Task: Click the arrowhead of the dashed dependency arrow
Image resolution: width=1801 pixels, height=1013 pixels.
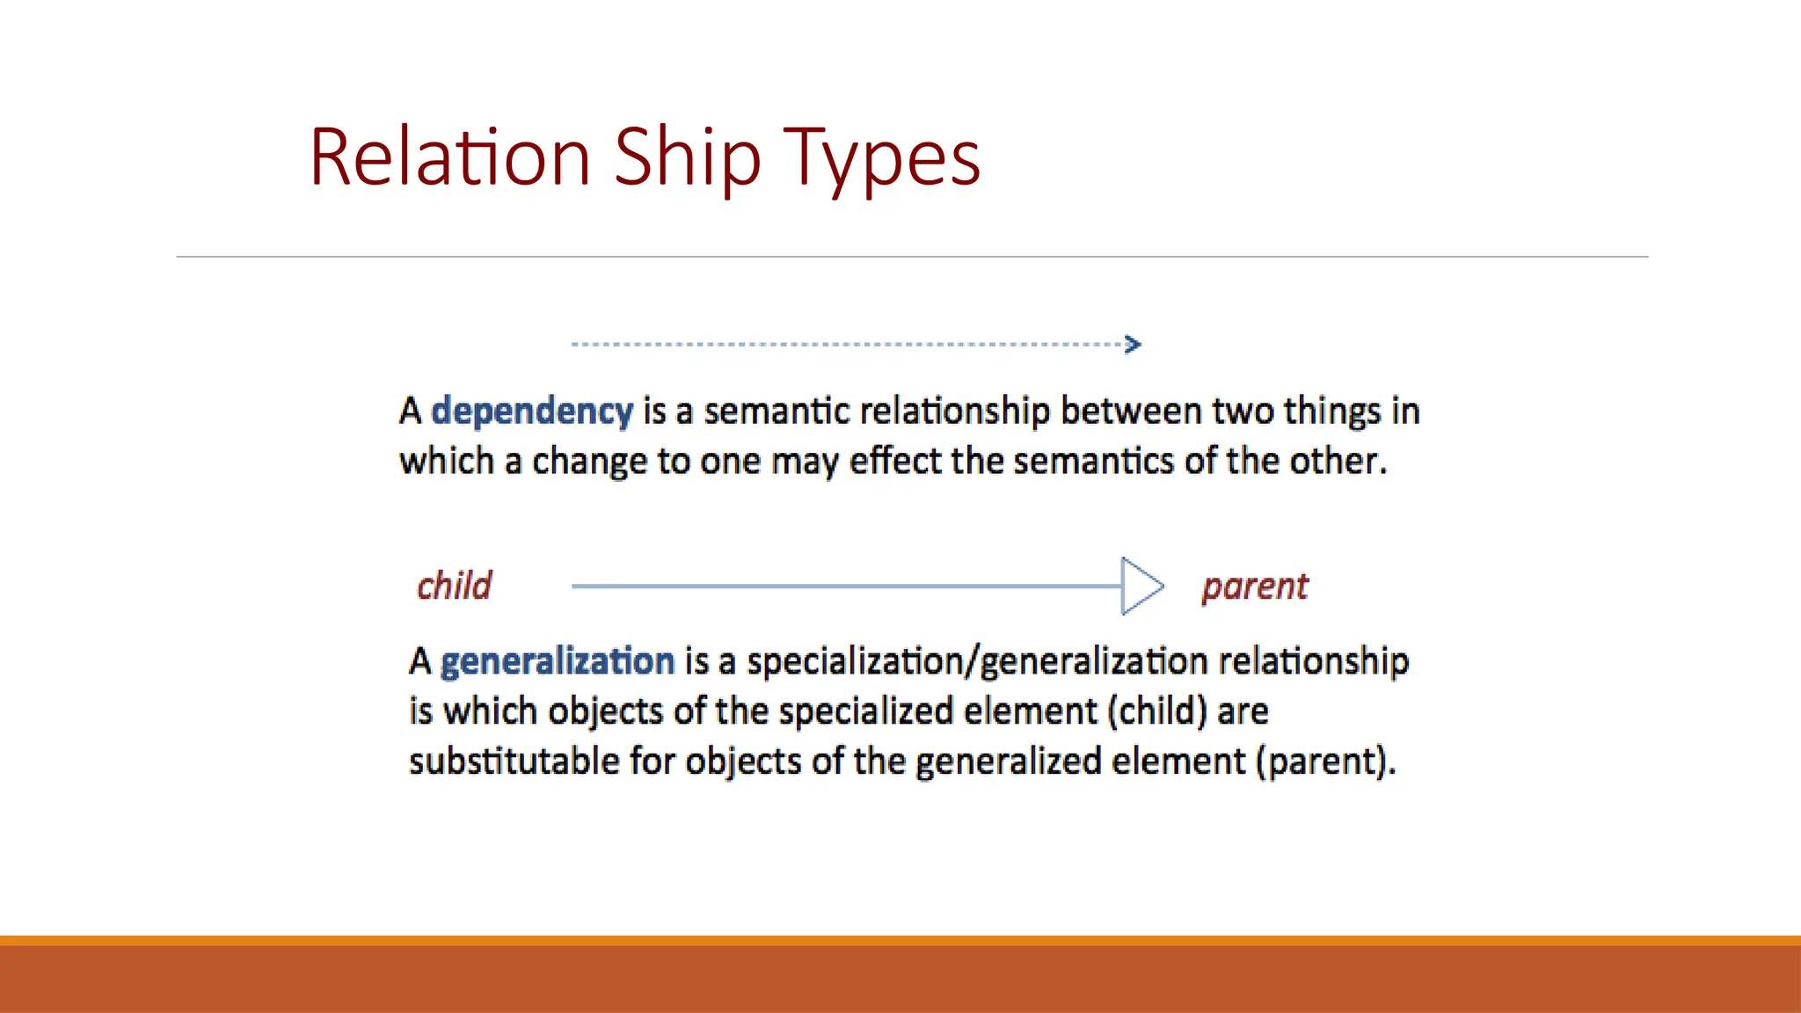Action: click(1133, 344)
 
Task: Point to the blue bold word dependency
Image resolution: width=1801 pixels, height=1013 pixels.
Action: click(532, 411)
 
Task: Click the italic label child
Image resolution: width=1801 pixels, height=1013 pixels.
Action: click(454, 586)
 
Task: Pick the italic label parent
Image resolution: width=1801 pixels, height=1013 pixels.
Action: click(1255, 587)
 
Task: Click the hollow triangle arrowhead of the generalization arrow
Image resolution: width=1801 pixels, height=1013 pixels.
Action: click(1141, 586)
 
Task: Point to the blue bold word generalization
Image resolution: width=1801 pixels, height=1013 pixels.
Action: click(558, 660)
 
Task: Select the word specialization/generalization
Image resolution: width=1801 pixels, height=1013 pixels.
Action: click(977, 661)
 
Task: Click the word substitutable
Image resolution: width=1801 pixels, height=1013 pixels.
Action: click(514, 761)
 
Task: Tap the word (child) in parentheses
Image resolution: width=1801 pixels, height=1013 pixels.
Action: click(1157, 711)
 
